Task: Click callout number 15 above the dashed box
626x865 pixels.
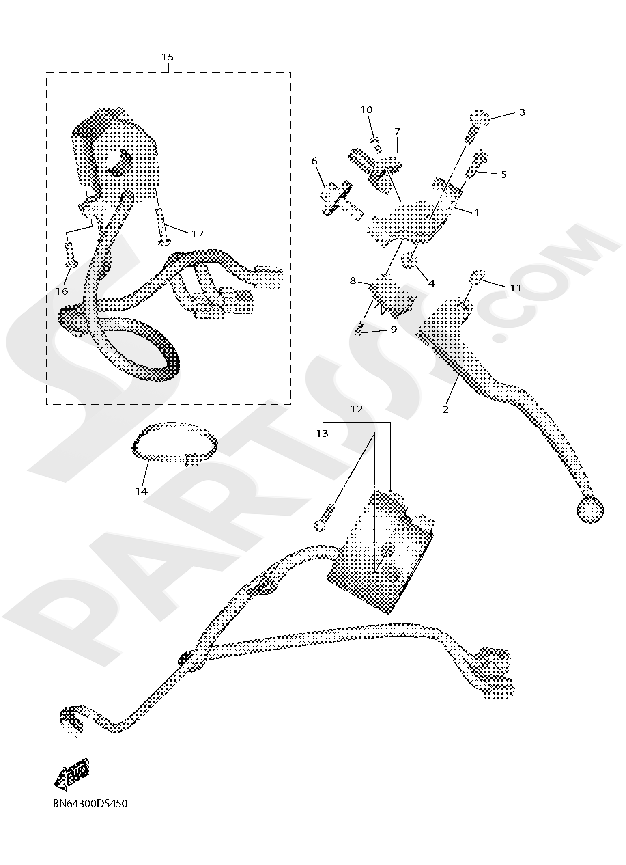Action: [167, 57]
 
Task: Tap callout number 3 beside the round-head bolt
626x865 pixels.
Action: [522, 112]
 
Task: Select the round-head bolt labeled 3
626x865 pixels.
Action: [478, 122]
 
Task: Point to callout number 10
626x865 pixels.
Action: [366, 110]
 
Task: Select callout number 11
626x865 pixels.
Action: [516, 288]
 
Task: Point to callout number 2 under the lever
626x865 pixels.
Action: [445, 409]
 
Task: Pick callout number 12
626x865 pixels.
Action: [357, 409]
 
